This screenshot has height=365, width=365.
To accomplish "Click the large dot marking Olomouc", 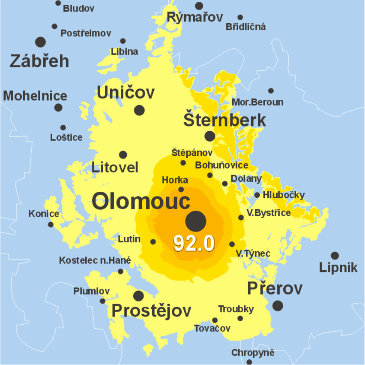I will click(196, 221).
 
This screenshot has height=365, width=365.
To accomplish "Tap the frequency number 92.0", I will click(194, 244).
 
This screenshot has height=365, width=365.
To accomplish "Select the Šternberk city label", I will click(224, 121).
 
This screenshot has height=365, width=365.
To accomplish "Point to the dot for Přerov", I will click(278, 305).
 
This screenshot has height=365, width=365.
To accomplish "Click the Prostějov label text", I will click(151, 311).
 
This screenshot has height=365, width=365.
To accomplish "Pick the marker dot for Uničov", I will click(139, 110).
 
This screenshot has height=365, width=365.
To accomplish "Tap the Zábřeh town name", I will click(39, 61).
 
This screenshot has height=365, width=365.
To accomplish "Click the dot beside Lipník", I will click(335, 256).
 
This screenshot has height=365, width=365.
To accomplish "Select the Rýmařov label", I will click(195, 18).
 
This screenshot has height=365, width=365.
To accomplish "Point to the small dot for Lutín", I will click(153, 242).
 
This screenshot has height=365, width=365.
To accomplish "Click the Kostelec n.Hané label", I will click(95, 260).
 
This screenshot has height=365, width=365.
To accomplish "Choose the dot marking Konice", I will click(51, 224).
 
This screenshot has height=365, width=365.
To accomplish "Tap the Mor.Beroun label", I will click(257, 103).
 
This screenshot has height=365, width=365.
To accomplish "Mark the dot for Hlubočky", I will click(257, 195).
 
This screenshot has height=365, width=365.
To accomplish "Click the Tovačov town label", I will click(212, 329).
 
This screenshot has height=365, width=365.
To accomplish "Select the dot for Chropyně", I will click(249, 362).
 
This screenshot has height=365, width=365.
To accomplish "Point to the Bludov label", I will click(78, 9).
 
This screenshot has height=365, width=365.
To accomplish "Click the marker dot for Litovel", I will click(123, 155).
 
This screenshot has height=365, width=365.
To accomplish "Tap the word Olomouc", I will click(141, 201).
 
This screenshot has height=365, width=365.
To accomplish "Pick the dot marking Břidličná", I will click(240, 17).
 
